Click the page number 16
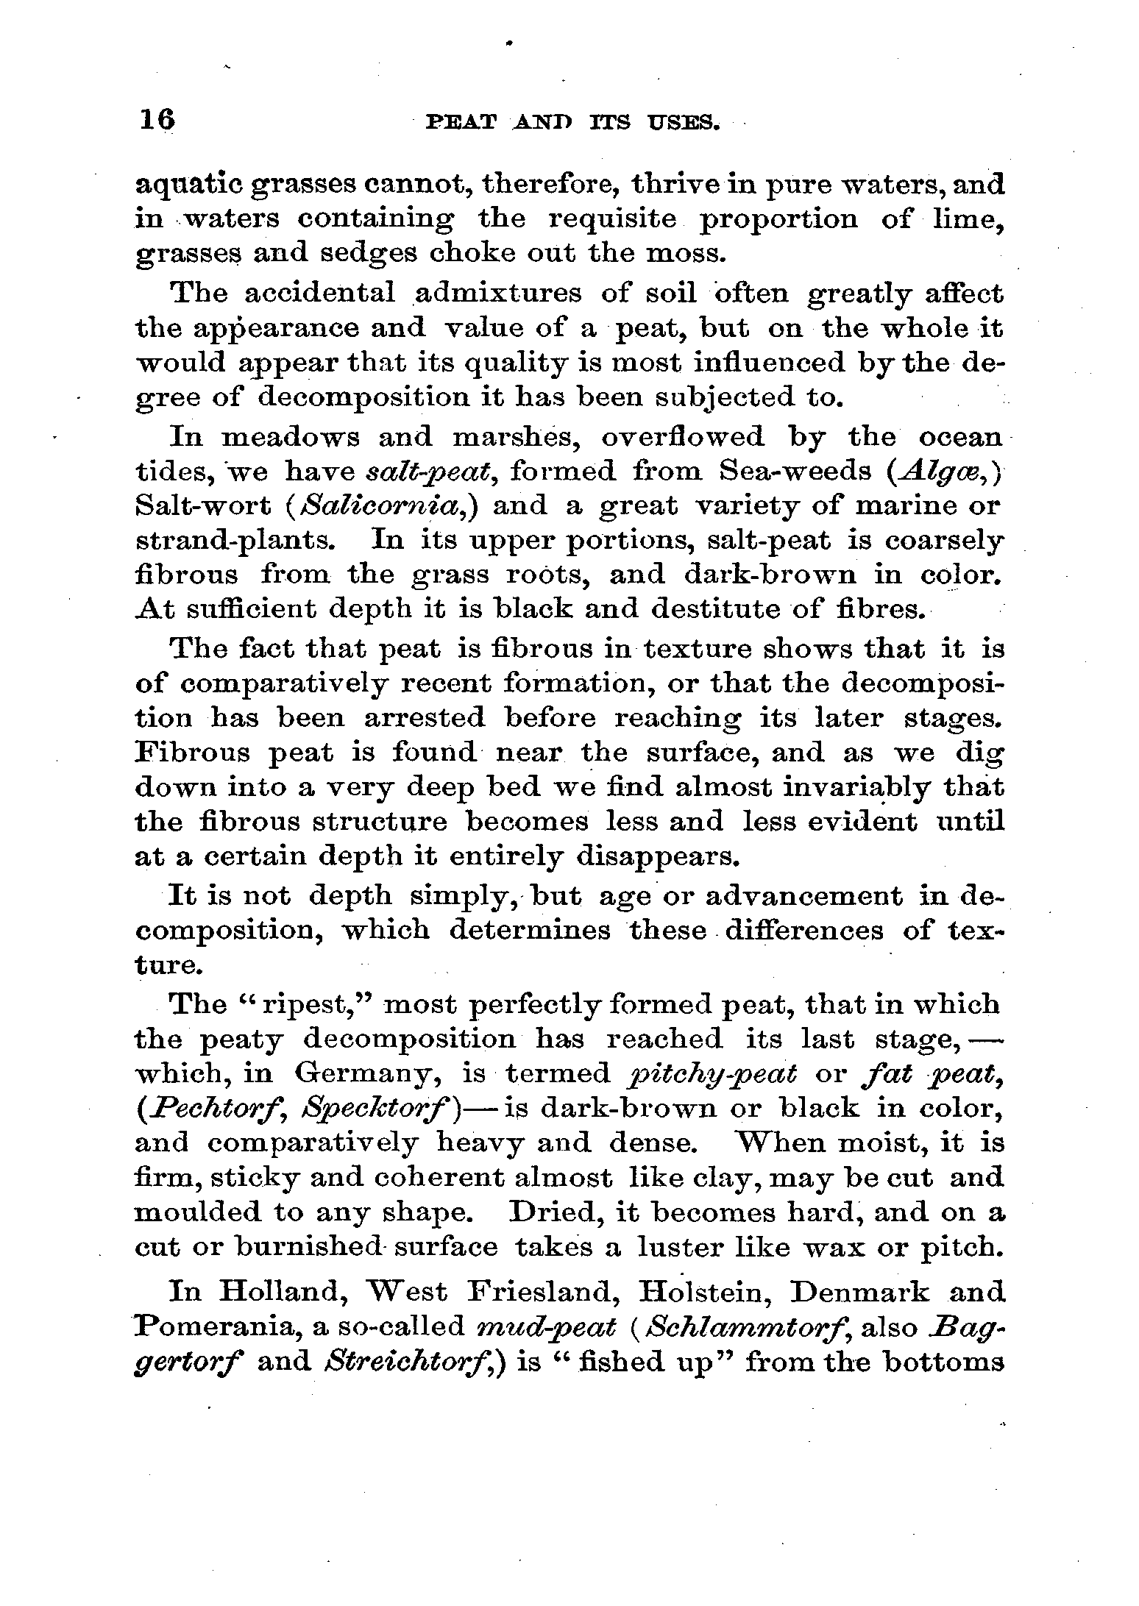(156, 119)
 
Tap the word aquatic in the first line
(188, 185)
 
